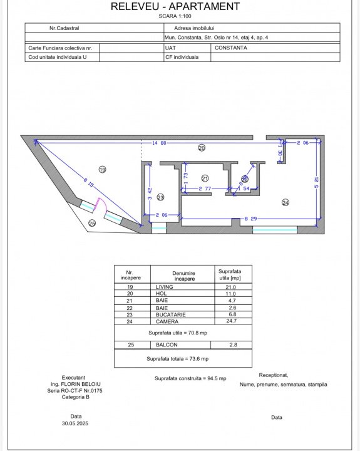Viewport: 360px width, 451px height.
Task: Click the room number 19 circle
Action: (102, 170)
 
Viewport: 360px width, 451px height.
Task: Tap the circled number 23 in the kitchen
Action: (160, 197)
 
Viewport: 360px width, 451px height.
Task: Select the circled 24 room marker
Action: (285, 203)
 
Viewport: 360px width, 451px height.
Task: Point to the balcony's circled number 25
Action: (92, 223)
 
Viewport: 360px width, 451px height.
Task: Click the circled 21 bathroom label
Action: (205, 179)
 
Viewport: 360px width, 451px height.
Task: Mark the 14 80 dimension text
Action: (159, 143)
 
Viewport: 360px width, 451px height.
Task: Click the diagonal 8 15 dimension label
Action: (88, 182)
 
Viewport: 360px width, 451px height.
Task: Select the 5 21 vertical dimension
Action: (317, 182)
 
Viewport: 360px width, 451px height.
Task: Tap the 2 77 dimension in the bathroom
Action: (205, 189)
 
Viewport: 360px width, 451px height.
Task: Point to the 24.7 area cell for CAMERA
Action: (232, 321)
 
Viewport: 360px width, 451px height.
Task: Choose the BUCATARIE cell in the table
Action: (170, 314)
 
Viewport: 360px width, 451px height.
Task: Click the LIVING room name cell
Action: (164, 287)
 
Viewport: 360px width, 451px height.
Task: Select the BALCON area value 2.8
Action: (233, 345)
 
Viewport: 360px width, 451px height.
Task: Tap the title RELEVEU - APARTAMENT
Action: (175, 6)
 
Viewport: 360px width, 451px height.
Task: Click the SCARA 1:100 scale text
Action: (175, 16)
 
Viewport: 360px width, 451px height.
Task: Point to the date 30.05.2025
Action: (75, 423)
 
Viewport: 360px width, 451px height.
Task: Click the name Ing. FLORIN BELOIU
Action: (75, 384)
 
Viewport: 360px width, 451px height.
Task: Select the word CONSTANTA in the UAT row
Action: (231, 48)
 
